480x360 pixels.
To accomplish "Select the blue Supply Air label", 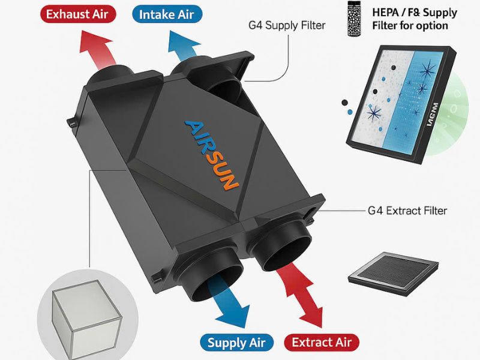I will tap(236, 343).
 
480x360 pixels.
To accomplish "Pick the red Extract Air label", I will tap(321, 343).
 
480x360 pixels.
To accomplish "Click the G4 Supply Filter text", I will tap(287, 26).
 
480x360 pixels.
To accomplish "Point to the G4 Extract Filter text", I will tap(407, 211).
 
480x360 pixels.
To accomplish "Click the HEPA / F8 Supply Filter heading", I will tap(414, 19).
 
